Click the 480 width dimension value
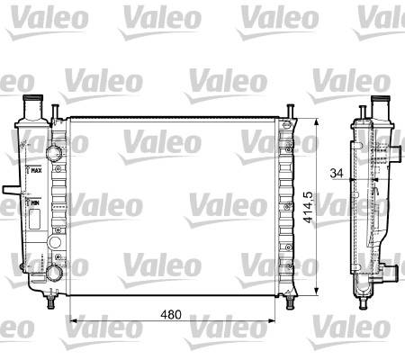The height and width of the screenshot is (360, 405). click(x=171, y=314)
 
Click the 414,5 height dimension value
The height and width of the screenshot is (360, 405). click(x=308, y=207)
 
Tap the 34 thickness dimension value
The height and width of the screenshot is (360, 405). click(x=337, y=173)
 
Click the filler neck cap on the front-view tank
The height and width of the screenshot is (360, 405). click(x=33, y=98)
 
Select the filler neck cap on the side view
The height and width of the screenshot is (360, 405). click(x=381, y=99)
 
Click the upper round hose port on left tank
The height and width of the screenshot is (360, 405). click(x=54, y=153)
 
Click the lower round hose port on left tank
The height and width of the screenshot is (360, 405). click(x=54, y=273)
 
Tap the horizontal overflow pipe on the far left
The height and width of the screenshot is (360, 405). click(x=11, y=190)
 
